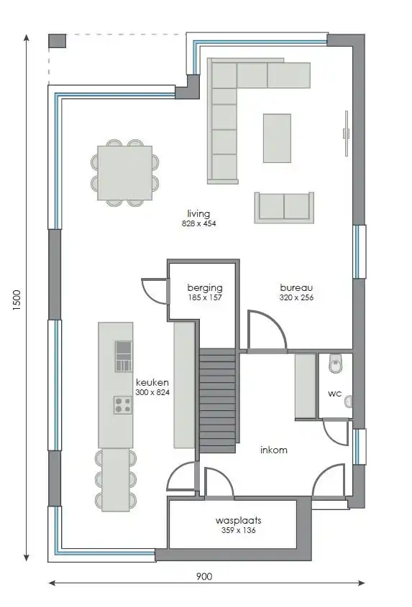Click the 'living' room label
198,213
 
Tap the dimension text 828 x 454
198,224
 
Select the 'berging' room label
200,287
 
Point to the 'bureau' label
296,287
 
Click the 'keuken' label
152,383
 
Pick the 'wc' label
334,394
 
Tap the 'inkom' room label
274,450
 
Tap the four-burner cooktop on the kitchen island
122,404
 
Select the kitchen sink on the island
124,356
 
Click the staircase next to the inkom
216,400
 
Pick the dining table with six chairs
125,173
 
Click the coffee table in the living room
277,138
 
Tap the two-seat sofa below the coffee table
284,206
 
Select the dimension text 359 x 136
238,531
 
